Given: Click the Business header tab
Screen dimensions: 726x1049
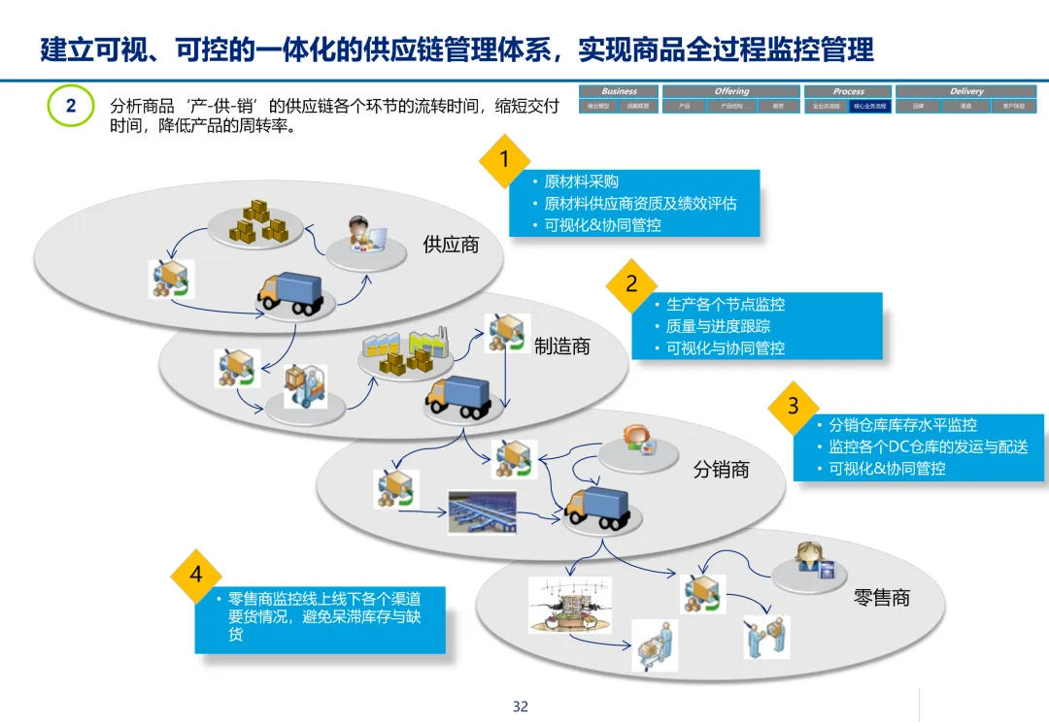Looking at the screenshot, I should coord(619,91).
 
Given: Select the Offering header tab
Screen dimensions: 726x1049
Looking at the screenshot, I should coord(731,91).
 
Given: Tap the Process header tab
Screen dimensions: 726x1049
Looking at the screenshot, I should coord(848,91).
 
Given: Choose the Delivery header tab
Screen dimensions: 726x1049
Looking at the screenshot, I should coord(966,91).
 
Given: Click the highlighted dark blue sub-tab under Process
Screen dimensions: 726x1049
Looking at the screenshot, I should coord(869,106).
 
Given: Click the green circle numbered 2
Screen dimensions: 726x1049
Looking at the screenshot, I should coord(71,107).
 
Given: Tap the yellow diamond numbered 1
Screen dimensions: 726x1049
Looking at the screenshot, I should coord(503,159).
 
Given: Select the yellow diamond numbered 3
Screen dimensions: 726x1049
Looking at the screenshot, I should coord(794,407).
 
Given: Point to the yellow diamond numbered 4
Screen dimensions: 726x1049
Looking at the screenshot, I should coord(196,575).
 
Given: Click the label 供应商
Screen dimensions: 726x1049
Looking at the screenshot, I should coord(451,245).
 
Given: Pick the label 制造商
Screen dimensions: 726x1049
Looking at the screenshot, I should coord(562,346).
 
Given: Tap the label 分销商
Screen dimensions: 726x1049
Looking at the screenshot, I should coord(721,470).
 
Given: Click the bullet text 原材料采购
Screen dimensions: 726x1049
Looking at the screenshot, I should coord(581,181).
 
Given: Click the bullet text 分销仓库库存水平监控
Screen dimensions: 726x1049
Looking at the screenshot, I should coord(902,425).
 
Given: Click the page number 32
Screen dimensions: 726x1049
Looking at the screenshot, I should coord(521,707).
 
